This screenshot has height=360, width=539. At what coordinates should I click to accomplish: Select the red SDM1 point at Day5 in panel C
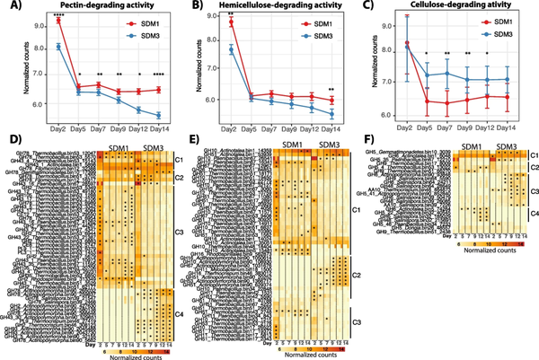[405, 101]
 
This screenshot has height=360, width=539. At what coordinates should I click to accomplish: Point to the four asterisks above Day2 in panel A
[58, 13]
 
